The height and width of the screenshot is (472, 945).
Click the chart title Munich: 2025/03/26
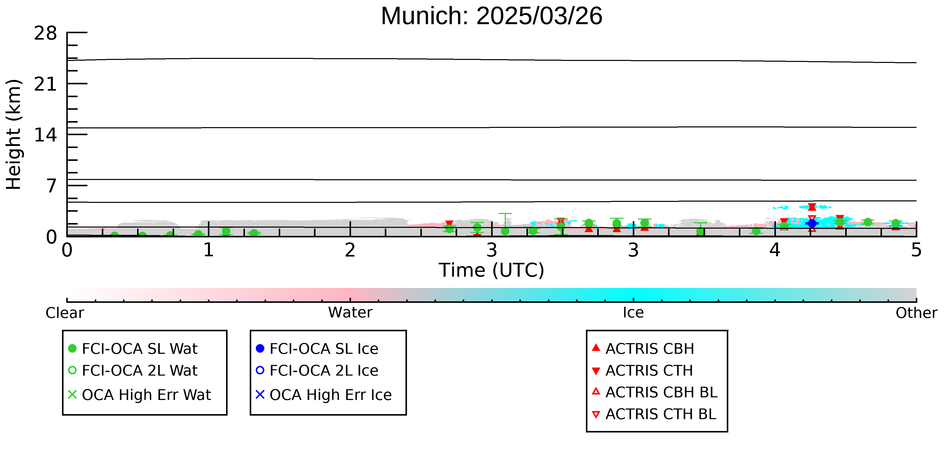[x=492, y=16]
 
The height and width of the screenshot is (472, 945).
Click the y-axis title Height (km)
[x=14, y=134]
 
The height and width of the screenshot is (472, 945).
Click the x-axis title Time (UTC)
[x=492, y=270]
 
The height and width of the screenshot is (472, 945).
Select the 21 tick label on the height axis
[x=46, y=84]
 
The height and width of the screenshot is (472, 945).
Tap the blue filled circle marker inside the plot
[x=812, y=224]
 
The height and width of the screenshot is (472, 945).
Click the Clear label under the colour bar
[x=65, y=313]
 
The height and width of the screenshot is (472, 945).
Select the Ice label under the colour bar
[x=633, y=313]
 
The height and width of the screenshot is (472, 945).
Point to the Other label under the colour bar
[x=916, y=313]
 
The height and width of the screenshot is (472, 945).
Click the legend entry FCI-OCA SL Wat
[x=133, y=348]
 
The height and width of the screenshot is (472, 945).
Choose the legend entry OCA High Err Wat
[x=139, y=395]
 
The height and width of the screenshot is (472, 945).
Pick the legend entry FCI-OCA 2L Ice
[x=317, y=371]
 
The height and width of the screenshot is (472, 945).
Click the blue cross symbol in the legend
[x=260, y=395]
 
